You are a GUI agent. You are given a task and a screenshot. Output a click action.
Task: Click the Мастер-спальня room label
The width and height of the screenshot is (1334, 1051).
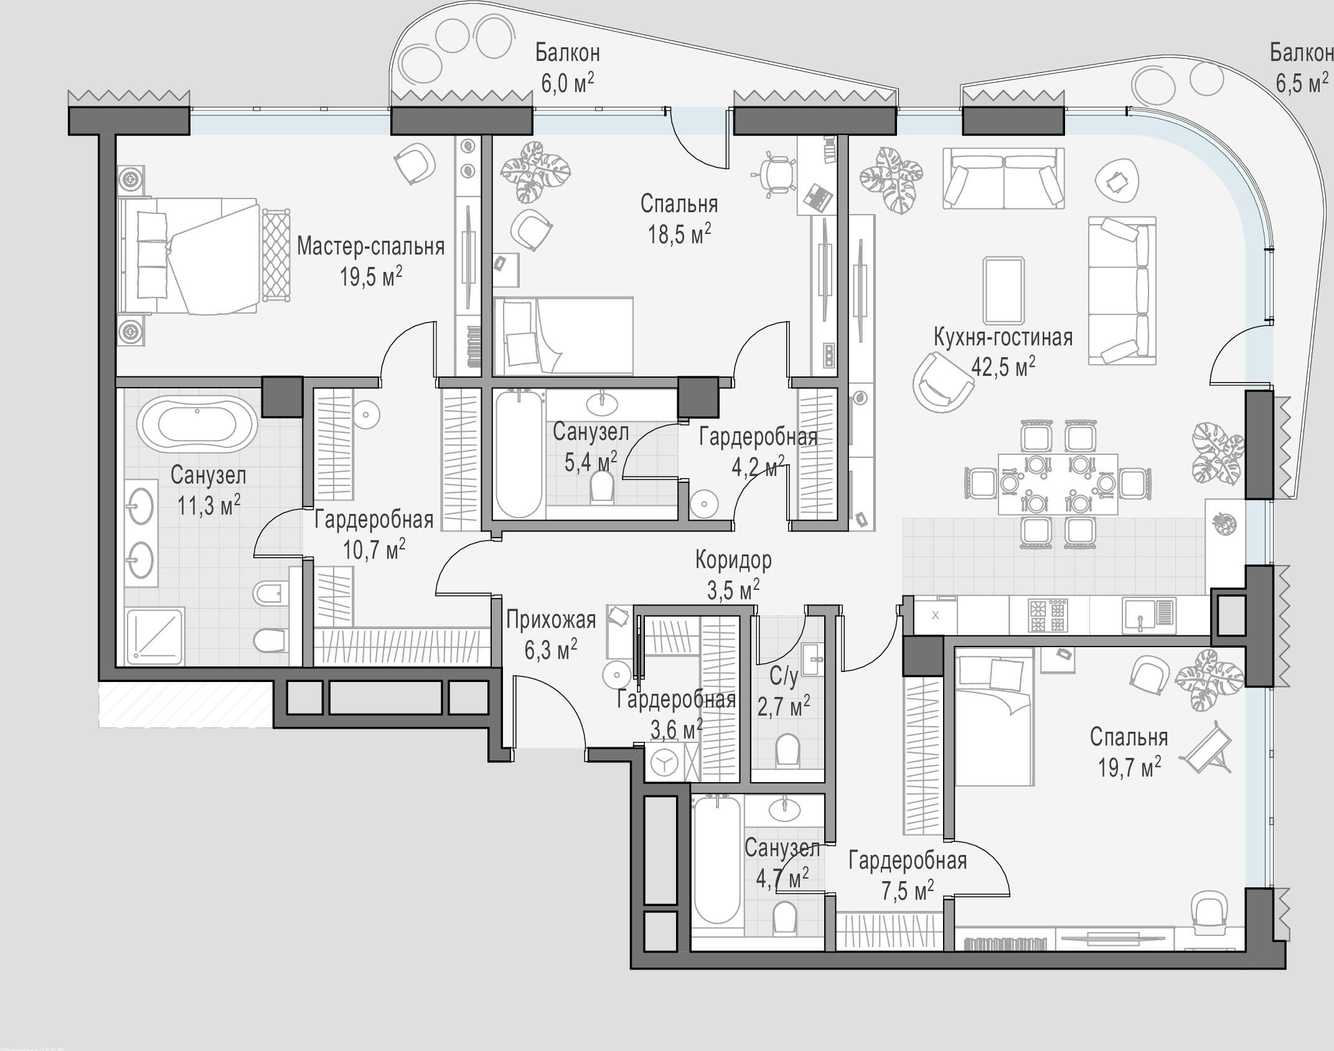click(370, 247)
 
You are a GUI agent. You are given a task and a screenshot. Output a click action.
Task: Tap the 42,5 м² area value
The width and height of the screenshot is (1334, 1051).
click(1003, 367)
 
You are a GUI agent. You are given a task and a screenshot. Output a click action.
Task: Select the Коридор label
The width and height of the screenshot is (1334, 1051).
click(733, 560)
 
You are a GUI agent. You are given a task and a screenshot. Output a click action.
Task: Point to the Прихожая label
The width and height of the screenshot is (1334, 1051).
click(551, 620)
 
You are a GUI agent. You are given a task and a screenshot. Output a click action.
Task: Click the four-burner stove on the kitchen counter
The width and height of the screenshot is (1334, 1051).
click(1049, 615)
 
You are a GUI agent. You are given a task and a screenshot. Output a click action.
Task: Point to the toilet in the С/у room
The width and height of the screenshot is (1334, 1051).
click(787, 750)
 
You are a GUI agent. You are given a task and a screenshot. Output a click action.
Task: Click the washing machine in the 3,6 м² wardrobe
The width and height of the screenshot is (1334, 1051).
click(664, 763)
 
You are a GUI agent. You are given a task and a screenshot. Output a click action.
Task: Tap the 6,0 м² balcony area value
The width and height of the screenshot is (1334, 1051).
click(567, 83)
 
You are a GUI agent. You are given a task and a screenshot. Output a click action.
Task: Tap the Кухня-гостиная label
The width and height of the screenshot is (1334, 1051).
click(1003, 337)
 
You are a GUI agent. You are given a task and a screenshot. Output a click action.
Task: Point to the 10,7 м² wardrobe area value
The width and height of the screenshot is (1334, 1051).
click(374, 549)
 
